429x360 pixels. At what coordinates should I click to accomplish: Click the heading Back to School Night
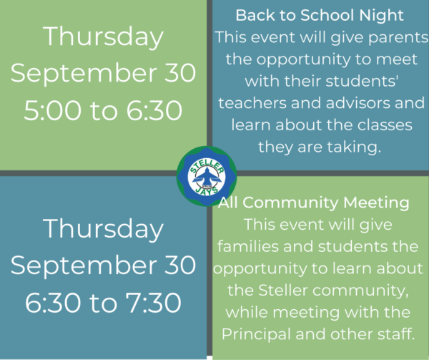(x=320, y=15)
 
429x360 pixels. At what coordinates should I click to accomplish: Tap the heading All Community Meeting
(x=314, y=203)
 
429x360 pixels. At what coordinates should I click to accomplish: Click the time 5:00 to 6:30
(x=103, y=110)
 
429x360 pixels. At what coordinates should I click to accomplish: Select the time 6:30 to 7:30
(x=103, y=303)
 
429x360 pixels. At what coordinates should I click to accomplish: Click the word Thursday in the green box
(x=103, y=37)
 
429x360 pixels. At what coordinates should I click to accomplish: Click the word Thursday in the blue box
(x=103, y=229)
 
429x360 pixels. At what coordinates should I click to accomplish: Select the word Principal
(x=256, y=335)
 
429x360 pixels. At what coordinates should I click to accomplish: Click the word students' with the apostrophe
(x=362, y=82)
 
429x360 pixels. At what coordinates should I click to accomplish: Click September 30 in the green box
(x=103, y=73)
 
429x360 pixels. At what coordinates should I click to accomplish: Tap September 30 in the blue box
(x=103, y=266)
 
